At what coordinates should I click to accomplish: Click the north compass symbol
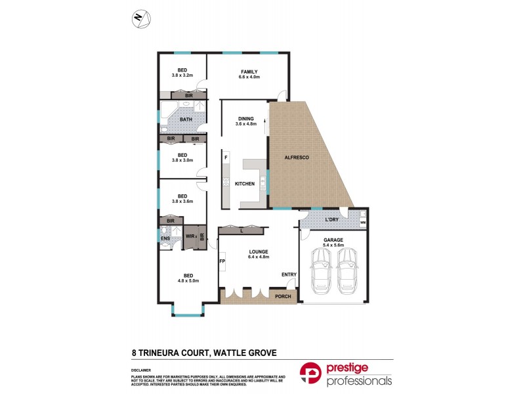[140, 18]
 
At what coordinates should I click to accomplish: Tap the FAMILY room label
[249, 72]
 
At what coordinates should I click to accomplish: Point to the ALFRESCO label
[296, 158]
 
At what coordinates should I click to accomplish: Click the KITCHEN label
[245, 184]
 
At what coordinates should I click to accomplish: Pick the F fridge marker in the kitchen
[226, 158]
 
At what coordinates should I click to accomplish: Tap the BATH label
[186, 120]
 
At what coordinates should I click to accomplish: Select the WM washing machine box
[363, 223]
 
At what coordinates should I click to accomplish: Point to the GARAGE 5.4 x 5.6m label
[334, 243]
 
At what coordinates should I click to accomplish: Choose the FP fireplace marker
[222, 262]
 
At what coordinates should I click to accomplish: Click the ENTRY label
[288, 274]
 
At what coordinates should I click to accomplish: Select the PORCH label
[283, 297]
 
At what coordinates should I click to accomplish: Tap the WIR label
[191, 236]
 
